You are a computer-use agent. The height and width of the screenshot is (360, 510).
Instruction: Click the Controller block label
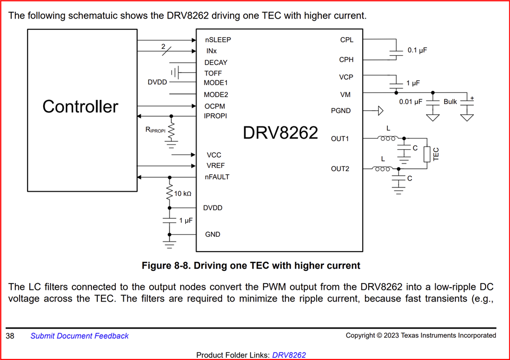coord(80,107)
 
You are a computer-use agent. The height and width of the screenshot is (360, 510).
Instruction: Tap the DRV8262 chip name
coord(280,133)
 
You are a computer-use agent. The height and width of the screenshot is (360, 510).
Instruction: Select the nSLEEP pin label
coord(218,40)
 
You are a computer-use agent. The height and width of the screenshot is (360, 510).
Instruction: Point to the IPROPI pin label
coord(215,116)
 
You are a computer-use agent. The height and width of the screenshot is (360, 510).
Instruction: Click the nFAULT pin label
coord(217,177)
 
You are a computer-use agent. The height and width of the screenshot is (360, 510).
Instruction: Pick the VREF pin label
coord(215,166)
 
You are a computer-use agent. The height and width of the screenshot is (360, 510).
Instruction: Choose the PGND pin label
coord(341,111)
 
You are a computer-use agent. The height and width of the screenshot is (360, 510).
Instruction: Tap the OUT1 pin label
coord(340,139)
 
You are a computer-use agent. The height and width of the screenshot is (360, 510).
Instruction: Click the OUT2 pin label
coord(340,169)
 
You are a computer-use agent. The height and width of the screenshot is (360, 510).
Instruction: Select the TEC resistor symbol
coord(427,154)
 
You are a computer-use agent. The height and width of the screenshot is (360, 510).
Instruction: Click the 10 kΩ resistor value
coord(183,194)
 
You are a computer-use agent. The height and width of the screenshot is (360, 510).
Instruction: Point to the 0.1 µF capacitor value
coord(417,50)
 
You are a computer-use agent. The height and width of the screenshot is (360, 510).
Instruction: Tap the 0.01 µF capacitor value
coord(411,101)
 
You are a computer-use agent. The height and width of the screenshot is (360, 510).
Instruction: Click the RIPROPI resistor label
coord(156,130)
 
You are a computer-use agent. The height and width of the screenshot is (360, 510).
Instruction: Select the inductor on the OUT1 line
coord(387,139)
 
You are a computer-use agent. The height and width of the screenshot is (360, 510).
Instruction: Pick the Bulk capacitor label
coord(450,101)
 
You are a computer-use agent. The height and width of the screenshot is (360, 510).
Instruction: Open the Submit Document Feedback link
coord(79,336)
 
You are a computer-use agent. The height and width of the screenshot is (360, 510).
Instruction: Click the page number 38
coord(10,336)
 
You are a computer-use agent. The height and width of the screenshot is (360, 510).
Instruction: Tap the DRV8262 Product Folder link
coord(289,355)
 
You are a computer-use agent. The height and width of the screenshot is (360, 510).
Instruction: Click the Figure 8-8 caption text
coord(251,265)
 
